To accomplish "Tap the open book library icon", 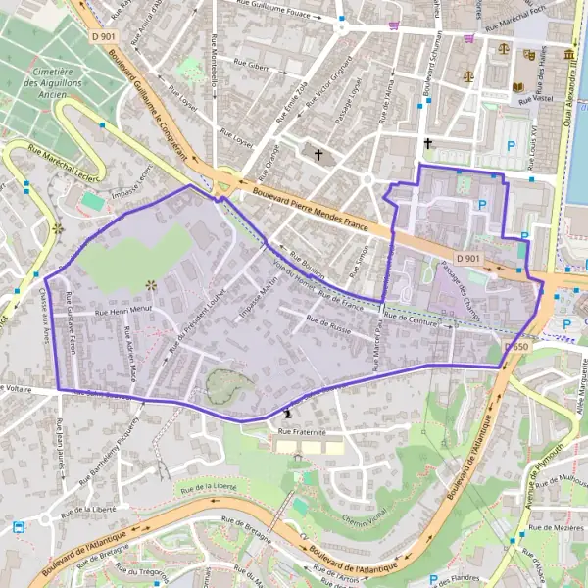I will (x=518, y=87).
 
